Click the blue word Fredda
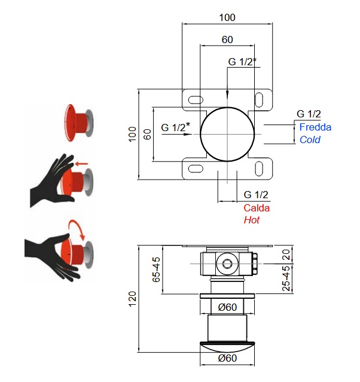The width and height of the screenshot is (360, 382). click(x=315, y=127)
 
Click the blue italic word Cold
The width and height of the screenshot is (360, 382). click(x=310, y=140)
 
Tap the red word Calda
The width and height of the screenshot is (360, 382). click(x=257, y=208)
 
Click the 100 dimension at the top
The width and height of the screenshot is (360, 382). click(x=227, y=17)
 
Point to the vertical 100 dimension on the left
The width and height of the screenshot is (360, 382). click(x=133, y=135)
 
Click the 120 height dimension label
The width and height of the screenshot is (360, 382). click(x=133, y=298)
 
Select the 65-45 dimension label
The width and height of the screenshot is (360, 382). click(x=157, y=270)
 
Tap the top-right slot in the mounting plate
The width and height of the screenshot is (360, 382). click(x=261, y=98)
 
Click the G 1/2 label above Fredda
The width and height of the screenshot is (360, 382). click(x=309, y=114)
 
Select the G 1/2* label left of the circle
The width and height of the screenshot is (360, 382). click(x=176, y=127)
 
